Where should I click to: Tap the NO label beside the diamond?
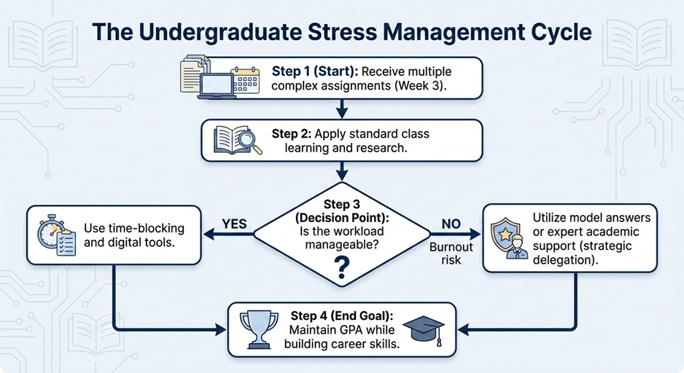pos(451,224)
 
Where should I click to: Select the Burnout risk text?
pos(451,253)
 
